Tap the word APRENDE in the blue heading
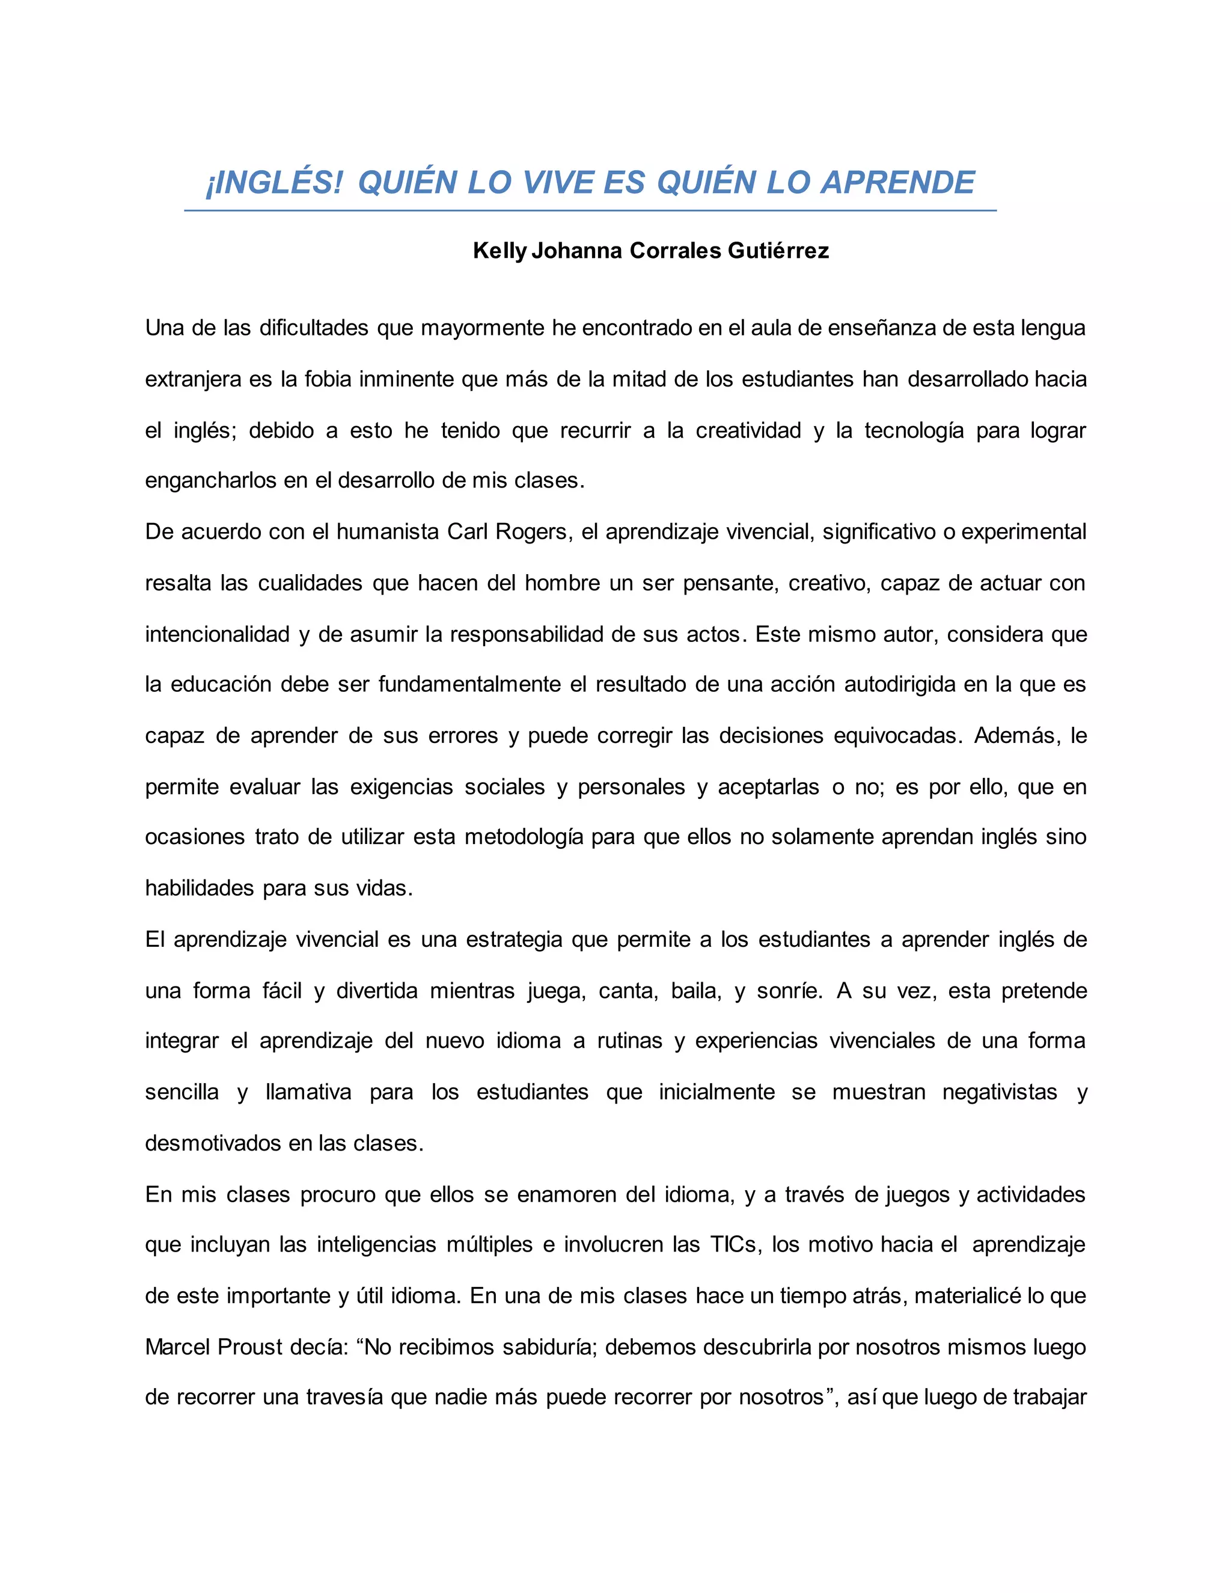pyautogui.click(x=898, y=182)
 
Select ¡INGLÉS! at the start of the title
pyautogui.click(x=273, y=182)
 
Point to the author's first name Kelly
pyautogui.click(x=499, y=251)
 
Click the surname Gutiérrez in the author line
pyautogui.click(x=778, y=251)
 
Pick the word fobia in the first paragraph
pyautogui.click(x=328, y=379)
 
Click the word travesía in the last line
pyautogui.click(x=344, y=1398)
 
